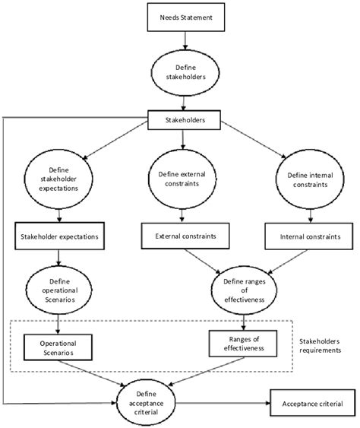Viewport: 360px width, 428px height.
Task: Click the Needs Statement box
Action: pos(181,17)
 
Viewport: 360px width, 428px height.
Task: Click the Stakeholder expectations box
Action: pos(58,236)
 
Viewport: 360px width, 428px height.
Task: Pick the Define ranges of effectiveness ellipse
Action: pos(242,290)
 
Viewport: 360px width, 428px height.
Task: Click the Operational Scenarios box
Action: pos(58,344)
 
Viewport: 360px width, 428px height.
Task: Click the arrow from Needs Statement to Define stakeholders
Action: pos(181,42)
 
